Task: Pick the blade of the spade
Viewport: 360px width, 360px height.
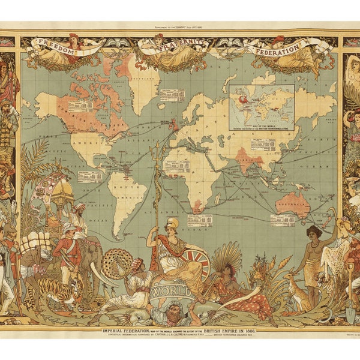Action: point(350,310)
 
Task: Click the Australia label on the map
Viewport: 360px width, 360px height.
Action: point(293,205)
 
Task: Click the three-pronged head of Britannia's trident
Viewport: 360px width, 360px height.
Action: point(157,150)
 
